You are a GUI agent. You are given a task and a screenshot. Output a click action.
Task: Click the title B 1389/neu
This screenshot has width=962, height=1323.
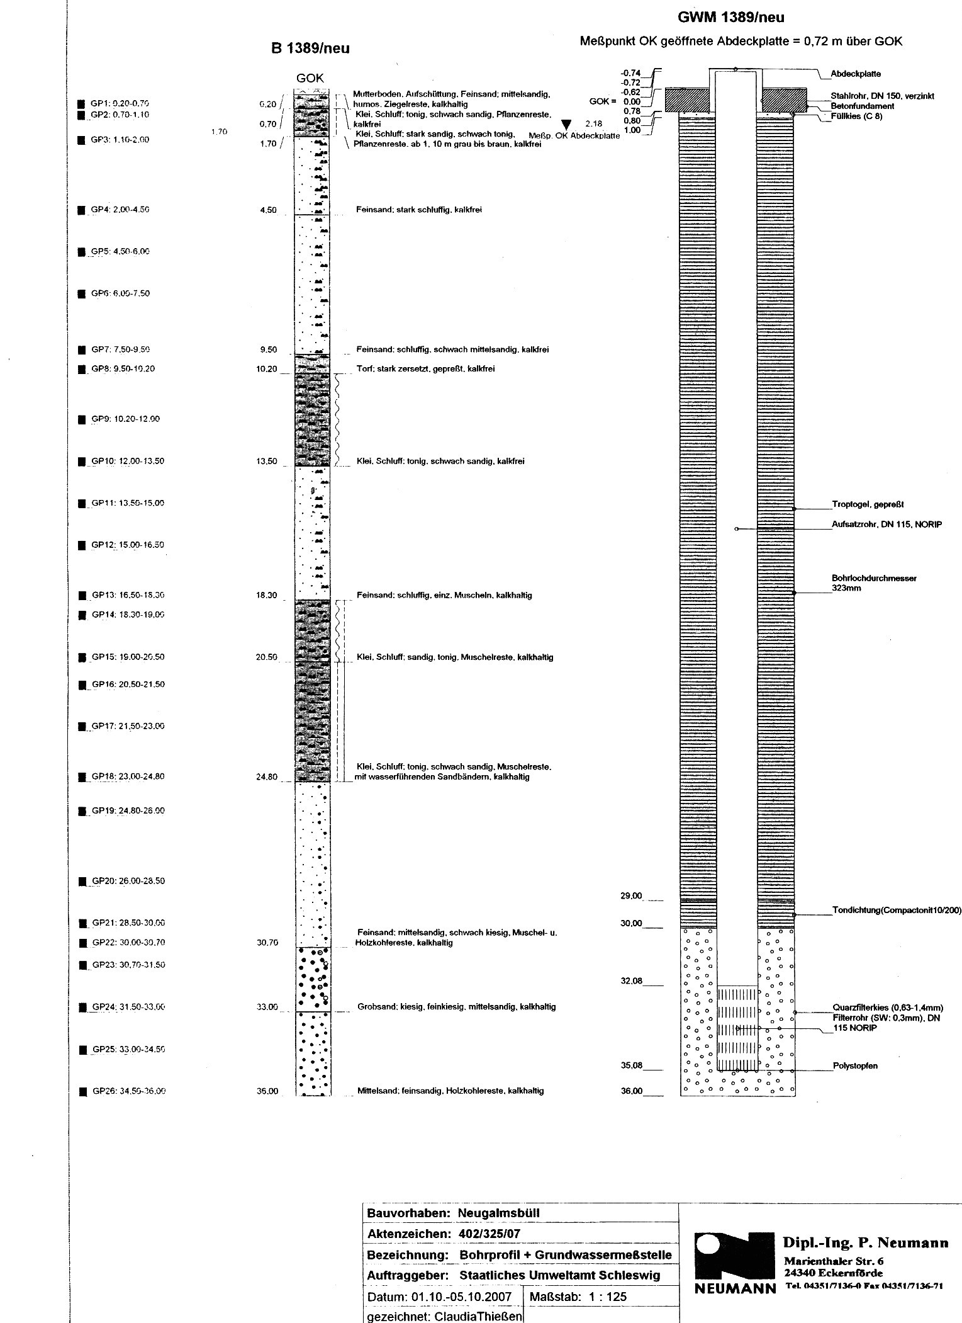[x=310, y=48]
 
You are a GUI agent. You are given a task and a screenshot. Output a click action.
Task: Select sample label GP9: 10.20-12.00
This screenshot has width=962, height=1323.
[x=125, y=419]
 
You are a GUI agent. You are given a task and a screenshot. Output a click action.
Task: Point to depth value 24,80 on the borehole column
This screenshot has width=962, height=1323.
[x=267, y=776]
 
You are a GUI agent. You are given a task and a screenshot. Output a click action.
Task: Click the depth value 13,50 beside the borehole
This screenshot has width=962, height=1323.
[x=267, y=461]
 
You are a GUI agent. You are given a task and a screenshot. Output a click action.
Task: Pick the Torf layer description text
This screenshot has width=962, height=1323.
[x=425, y=368]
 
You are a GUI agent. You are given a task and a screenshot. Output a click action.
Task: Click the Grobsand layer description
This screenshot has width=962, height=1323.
[x=456, y=1006]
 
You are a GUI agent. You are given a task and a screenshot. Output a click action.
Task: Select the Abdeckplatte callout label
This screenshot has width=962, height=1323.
[x=855, y=74]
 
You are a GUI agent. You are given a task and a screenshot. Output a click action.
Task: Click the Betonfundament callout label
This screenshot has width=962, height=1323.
[x=862, y=106]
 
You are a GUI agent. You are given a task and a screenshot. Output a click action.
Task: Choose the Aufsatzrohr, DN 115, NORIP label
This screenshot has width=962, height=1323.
[x=886, y=525]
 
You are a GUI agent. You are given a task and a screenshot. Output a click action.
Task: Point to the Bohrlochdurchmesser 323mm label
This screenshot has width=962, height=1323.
[x=873, y=582]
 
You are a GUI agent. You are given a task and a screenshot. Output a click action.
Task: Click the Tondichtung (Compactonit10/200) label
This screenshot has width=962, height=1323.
[x=896, y=910]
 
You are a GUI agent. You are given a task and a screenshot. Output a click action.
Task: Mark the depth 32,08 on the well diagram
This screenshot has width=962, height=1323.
[x=632, y=980]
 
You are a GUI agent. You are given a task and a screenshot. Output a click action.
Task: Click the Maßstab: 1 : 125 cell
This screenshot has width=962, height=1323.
[x=578, y=1297]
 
